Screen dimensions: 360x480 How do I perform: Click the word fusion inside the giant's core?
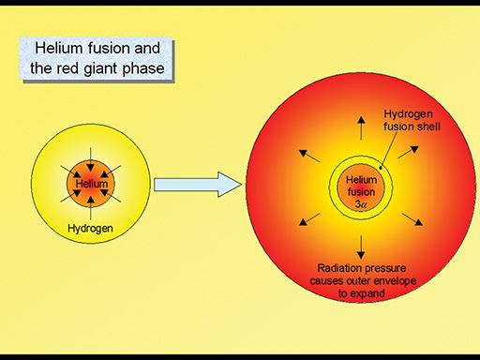360,191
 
